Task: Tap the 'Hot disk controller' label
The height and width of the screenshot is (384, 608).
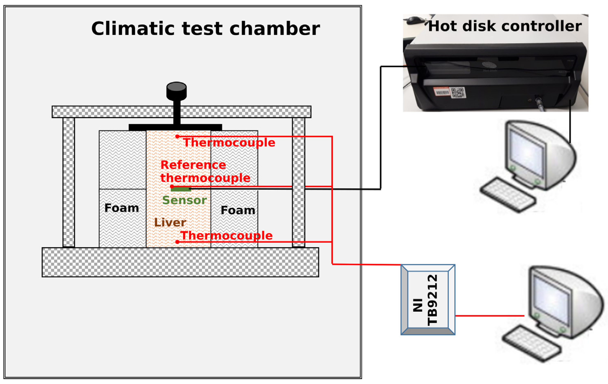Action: tap(505, 26)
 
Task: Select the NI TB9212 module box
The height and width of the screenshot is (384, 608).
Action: tap(428, 300)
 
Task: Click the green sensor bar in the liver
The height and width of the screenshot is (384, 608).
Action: tap(180, 189)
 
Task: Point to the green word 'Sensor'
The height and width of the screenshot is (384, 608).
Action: tap(184, 200)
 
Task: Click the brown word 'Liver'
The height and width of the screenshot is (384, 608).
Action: tap(170, 222)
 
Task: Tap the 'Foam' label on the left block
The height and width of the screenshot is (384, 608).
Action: tap(122, 208)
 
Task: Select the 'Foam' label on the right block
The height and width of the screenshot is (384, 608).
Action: tap(238, 210)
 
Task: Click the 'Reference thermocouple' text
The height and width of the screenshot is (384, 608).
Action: tap(205, 171)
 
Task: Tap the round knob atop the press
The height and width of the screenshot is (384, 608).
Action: tap(177, 91)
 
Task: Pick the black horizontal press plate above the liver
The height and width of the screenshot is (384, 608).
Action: tap(175, 127)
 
